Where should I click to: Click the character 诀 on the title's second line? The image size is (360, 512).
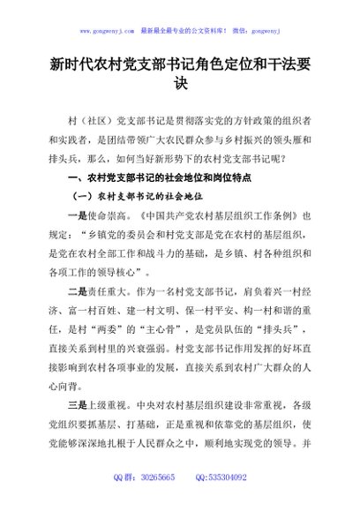(180, 86)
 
